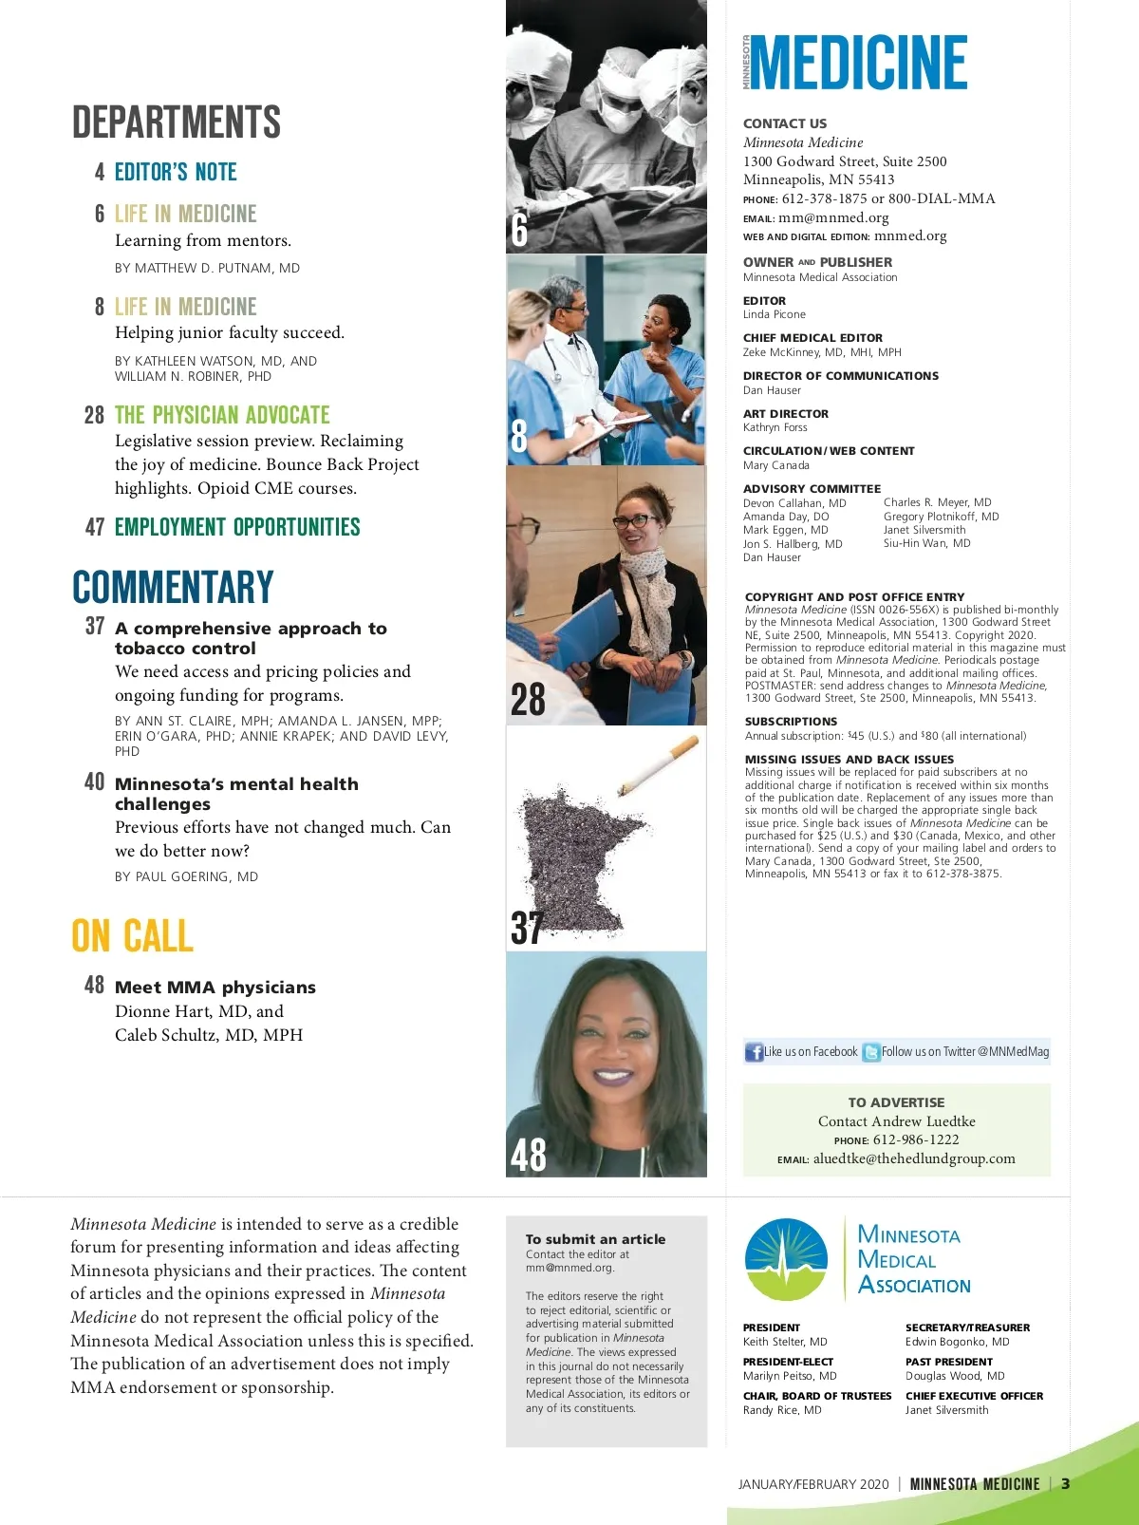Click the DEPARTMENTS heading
[x=177, y=123]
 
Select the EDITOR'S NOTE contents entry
[x=176, y=172]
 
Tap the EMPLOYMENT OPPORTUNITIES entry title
[x=237, y=527]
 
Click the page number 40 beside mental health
[x=95, y=781]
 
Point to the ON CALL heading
[x=133, y=936]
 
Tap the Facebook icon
[x=755, y=1052]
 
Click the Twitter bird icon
[x=871, y=1052]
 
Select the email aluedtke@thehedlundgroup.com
[x=914, y=1158]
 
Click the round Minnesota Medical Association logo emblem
[x=786, y=1260]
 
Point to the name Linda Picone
[x=775, y=314]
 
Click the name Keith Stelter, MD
[x=785, y=1342]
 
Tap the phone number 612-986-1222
[x=916, y=1139]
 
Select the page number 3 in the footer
[x=1066, y=1484]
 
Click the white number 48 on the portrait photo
[x=529, y=1155]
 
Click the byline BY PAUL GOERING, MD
[x=186, y=876]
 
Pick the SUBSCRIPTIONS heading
[x=791, y=722]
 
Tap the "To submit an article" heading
[x=595, y=1239]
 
